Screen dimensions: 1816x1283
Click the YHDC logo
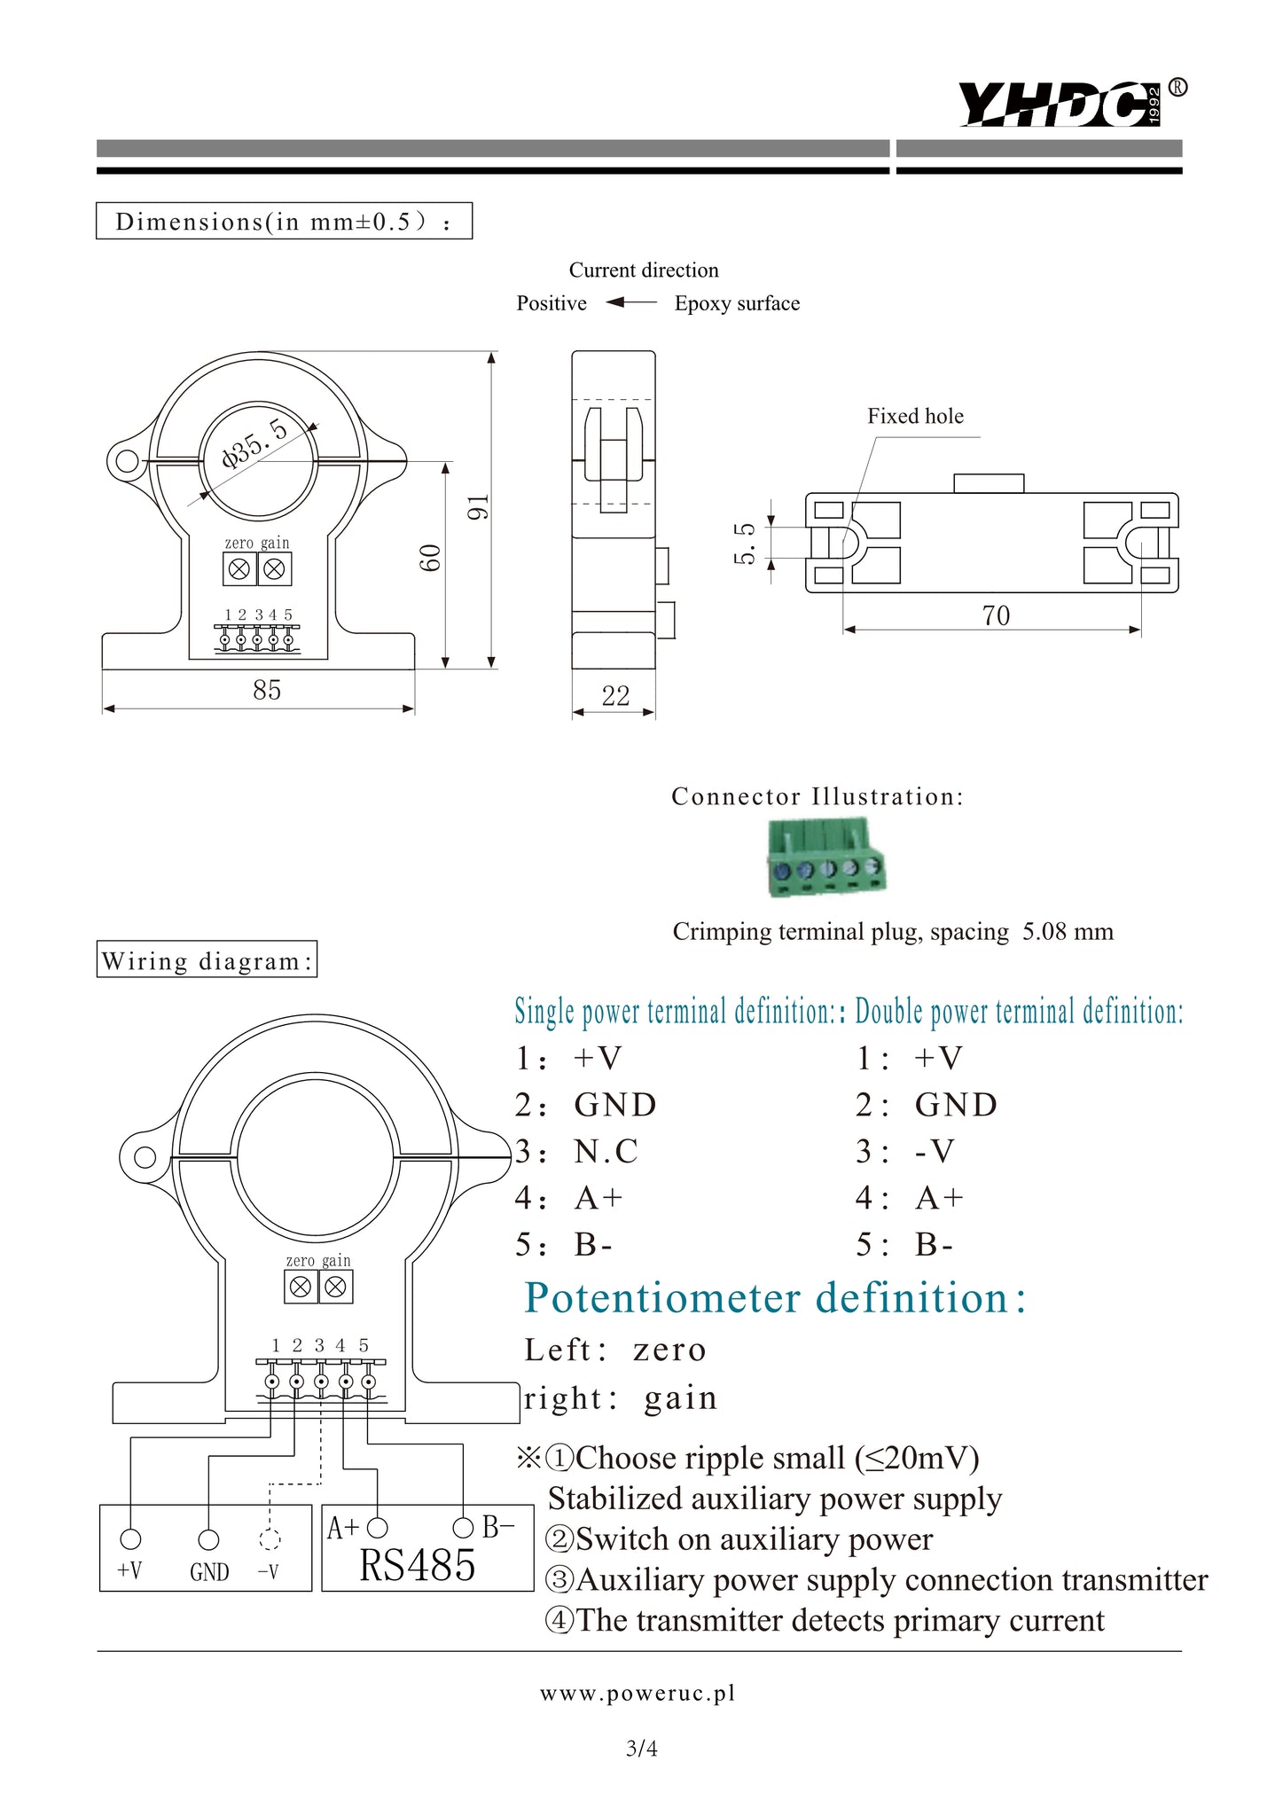tap(1060, 105)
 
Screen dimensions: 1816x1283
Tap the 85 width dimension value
tap(266, 690)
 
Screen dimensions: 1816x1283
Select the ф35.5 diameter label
tap(255, 442)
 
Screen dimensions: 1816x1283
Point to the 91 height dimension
tap(478, 507)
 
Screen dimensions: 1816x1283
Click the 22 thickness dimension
tap(615, 696)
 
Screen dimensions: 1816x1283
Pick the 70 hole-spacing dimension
tap(996, 615)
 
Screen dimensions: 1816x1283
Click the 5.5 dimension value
tap(746, 543)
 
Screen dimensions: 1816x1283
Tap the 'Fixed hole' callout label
tap(915, 416)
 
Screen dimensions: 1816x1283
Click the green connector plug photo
tap(825, 858)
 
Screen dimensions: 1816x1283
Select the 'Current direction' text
tap(644, 270)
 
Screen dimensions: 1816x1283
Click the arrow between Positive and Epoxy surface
tap(630, 303)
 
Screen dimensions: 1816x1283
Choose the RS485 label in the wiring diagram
tap(417, 1566)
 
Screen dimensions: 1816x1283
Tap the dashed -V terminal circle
tap(270, 1540)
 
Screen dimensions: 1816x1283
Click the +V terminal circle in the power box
tap(130, 1539)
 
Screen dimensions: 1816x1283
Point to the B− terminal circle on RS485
tap(463, 1527)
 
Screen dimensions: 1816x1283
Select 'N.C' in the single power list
tap(606, 1151)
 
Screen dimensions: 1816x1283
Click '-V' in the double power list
tap(935, 1151)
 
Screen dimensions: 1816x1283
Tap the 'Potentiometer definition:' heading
tap(775, 1298)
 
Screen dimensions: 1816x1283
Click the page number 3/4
tap(642, 1749)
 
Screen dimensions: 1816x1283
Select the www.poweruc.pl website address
tap(638, 1694)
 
